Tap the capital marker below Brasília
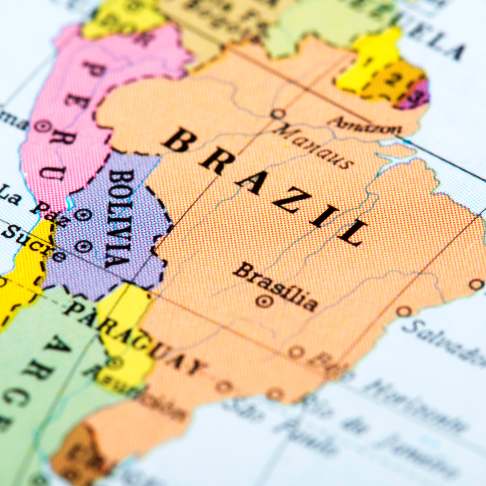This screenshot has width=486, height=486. click(264, 301)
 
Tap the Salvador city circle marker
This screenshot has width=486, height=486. click(404, 311)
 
